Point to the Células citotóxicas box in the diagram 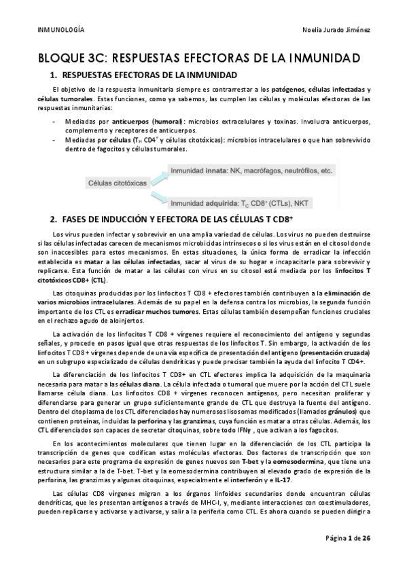click(116, 183)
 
